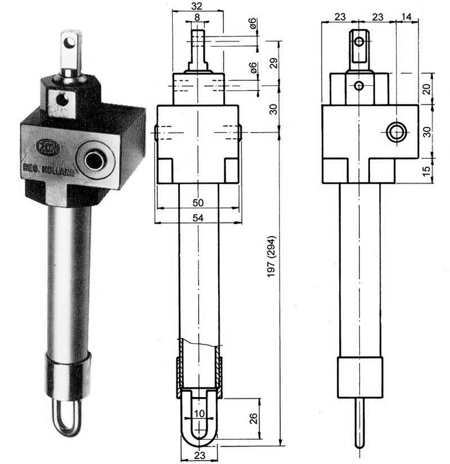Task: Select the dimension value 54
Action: pos(197,218)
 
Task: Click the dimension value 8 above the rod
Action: pos(196,18)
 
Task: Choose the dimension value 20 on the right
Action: pos(426,88)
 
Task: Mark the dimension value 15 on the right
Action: pos(426,169)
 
